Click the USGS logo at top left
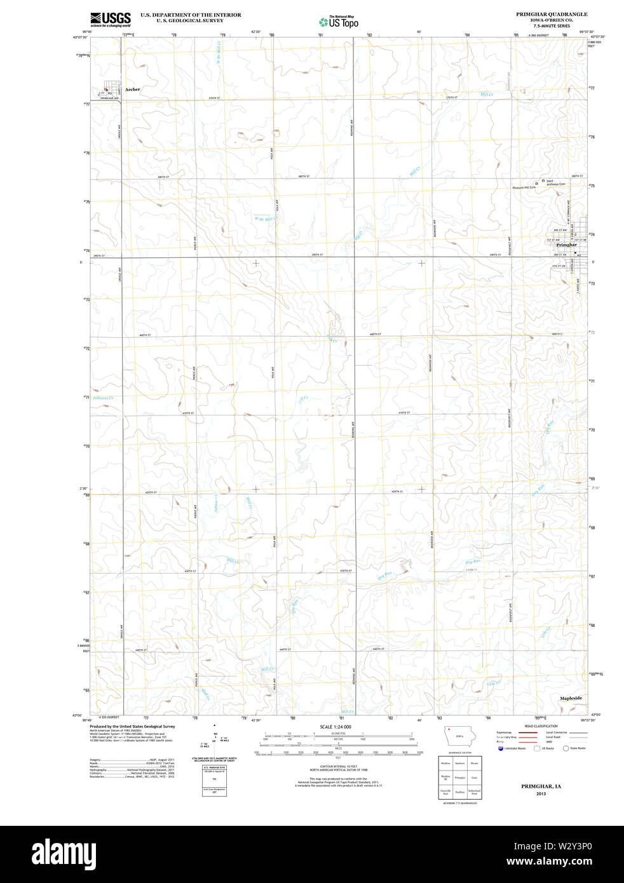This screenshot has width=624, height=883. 111,20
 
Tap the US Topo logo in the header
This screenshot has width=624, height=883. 339,22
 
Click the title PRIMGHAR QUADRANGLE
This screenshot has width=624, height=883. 543,14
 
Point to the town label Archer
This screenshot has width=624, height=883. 132,90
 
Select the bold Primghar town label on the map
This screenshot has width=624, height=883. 566,245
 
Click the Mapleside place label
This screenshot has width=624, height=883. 571,698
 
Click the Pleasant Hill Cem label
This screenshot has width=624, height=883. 524,187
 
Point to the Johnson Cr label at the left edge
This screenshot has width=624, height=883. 102,398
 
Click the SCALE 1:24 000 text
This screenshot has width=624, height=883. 335,727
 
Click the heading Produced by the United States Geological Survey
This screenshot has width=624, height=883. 132,726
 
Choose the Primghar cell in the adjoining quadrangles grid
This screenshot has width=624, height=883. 459,777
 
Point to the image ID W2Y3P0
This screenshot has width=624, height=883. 570,846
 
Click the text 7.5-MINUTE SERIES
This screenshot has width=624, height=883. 552,25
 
